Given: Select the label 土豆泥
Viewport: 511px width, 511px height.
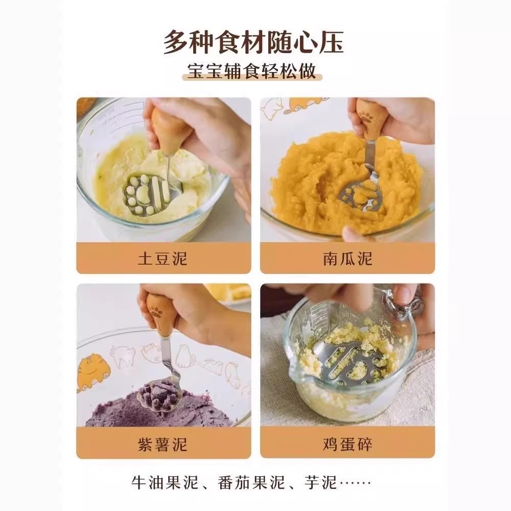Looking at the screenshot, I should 163,258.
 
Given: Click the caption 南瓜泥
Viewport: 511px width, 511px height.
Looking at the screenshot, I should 347,258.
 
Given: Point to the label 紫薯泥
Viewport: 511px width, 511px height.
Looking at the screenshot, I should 163,444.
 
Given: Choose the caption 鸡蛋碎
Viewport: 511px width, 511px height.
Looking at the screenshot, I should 347,444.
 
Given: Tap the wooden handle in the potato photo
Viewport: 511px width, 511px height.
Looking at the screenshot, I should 169,128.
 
